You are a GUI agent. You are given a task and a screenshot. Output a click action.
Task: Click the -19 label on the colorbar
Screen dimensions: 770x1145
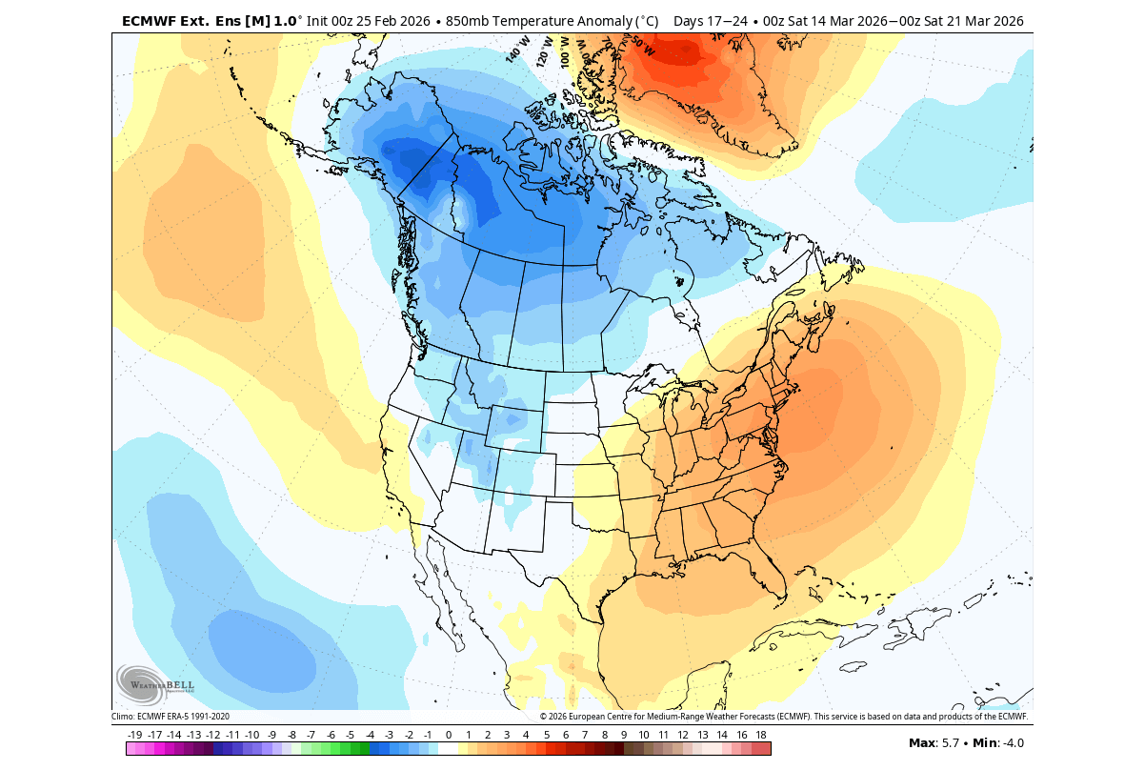tap(134, 735)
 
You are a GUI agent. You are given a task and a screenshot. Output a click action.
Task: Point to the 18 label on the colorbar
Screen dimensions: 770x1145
tap(761, 735)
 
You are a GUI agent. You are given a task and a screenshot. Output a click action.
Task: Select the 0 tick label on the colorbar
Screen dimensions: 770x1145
tap(448, 735)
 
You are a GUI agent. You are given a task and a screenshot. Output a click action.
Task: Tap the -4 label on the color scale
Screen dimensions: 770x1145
tap(370, 735)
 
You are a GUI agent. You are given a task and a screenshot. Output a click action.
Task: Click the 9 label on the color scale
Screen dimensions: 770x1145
tap(624, 735)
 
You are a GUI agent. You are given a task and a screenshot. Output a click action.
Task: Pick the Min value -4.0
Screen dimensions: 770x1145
tap(1009, 743)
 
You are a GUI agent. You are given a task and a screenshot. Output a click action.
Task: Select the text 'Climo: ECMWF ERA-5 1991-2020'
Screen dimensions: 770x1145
tap(171, 717)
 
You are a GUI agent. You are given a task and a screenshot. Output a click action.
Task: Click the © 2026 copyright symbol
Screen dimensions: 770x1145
tap(544, 717)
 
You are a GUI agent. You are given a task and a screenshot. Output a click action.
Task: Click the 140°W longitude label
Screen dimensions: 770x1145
tap(517, 51)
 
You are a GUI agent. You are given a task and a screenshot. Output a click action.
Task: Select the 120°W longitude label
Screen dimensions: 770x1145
tap(545, 50)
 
